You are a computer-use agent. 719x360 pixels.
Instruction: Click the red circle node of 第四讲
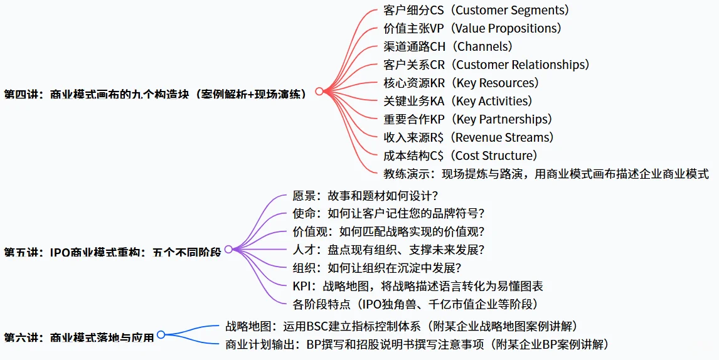tap(319, 92)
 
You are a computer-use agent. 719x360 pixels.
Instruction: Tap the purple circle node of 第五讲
tap(228, 249)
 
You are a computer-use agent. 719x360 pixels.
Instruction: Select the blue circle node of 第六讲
tap(161, 335)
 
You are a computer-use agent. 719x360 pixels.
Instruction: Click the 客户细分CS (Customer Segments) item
tap(476, 10)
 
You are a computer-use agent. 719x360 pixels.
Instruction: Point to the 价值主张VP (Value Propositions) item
tap(472, 28)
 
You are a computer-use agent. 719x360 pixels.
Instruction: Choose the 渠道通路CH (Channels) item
tap(448, 46)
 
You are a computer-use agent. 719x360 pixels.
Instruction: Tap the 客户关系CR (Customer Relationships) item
tap(486, 65)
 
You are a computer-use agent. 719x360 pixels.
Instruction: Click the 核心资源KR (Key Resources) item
tap(461, 83)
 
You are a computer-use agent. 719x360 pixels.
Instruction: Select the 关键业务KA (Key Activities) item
tap(457, 101)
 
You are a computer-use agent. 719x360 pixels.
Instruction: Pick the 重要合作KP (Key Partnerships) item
tap(467, 119)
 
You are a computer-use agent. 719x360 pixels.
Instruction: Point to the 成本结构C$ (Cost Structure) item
tap(461, 156)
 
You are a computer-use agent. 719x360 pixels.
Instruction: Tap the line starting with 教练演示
tap(546, 174)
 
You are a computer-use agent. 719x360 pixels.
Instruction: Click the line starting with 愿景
tap(365, 195)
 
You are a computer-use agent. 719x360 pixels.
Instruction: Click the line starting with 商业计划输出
tap(417, 344)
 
